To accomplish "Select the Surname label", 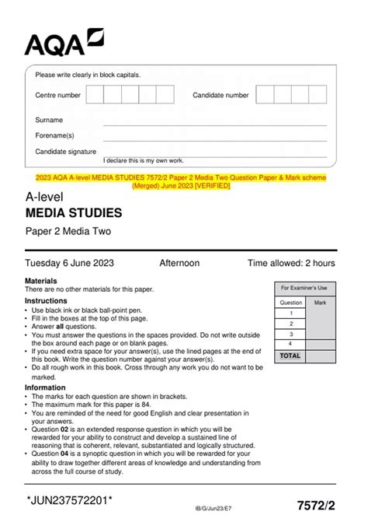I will coord(49,121).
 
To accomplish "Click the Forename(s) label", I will coord(54,136).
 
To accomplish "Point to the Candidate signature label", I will coord(66,152).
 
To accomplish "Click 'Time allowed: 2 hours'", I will coord(291,263).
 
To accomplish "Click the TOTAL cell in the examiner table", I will coord(290,356).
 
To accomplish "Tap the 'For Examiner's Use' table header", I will coord(304,287).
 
